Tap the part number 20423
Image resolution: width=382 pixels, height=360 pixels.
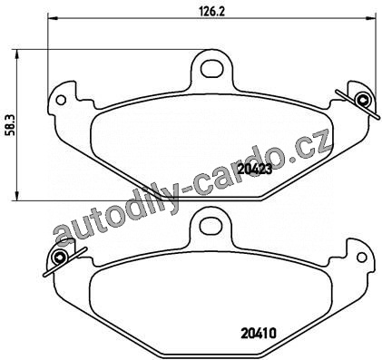255,170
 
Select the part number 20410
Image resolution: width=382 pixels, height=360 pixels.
259,334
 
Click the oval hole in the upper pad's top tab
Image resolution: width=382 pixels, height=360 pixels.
212,68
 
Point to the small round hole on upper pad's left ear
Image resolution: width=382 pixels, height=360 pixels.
61,100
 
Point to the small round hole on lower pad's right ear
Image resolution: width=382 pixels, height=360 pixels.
361,257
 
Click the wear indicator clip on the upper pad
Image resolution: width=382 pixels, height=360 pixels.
358,103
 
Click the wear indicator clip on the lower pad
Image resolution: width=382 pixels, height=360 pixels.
64,260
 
